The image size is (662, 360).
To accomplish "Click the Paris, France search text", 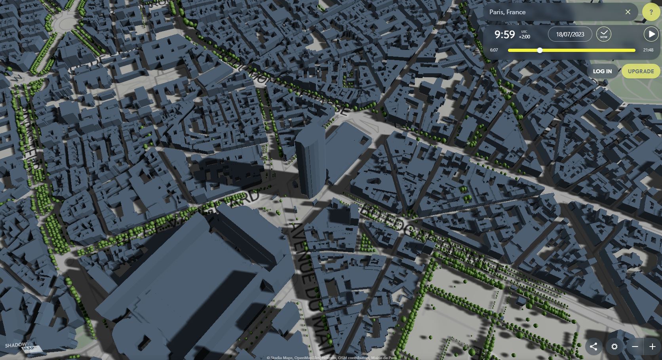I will pos(507,12).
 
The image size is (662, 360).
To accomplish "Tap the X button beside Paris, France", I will pos(628,12).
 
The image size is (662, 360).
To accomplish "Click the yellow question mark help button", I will pos(651,12).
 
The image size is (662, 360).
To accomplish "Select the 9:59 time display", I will pos(504,34).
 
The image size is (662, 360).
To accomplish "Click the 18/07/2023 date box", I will pos(570,34).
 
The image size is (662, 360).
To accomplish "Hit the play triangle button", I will pos(651,34).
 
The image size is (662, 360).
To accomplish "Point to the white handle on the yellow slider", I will pos(540,50).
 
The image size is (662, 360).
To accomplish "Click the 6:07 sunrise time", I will pos(494,50).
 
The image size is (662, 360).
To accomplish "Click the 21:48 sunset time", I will pos(648,50).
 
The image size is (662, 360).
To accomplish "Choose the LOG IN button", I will pos(602,71).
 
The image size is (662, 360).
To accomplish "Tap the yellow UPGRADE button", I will pos(641,71).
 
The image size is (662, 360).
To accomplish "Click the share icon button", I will pos(594,347).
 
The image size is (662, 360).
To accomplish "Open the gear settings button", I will pos(614,347).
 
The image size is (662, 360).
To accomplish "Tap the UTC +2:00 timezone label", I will pos(524,34).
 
